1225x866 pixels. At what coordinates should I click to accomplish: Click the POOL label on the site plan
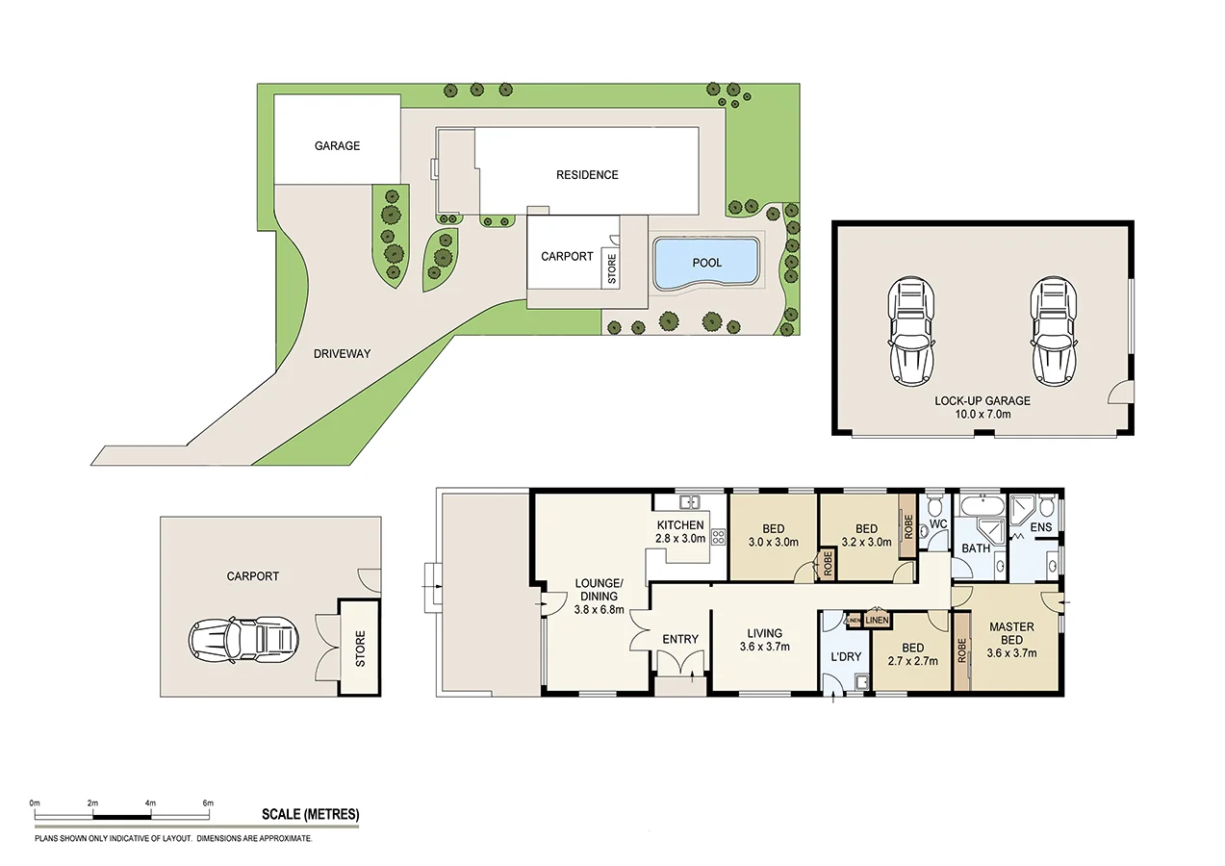pyautogui.click(x=706, y=263)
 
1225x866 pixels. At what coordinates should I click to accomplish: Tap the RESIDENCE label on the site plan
pyautogui.click(x=587, y=175)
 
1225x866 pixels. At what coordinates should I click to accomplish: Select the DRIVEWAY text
pyautogui.click(x=342, y=354)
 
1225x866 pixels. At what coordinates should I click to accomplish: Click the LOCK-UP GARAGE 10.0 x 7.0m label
pyautogui.click(x=982, y=407)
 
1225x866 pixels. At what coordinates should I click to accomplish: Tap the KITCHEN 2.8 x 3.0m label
pyautogui.click(x=680, y=531)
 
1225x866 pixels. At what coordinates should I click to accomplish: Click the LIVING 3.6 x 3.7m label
pyautogui.click(x=764, y=640)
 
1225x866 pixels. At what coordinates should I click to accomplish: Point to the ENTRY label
pyautogui.click(x=679, y=640)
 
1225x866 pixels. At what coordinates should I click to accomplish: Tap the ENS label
pyautogui.click(x=1041, y=527)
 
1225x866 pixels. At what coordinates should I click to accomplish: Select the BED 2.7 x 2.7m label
pyautogui.click(x=912, y=654)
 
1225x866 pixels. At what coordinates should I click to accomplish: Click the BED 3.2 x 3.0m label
pyautogui.click(x=866, y=535)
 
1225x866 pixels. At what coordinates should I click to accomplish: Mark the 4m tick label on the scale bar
pyautogui.click(x=150, y=802)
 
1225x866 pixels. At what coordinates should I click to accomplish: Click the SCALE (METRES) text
pyautogui.click(x=310, y=814)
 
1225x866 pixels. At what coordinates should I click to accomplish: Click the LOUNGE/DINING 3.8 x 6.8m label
pyautogui.click(x=600, y=596)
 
